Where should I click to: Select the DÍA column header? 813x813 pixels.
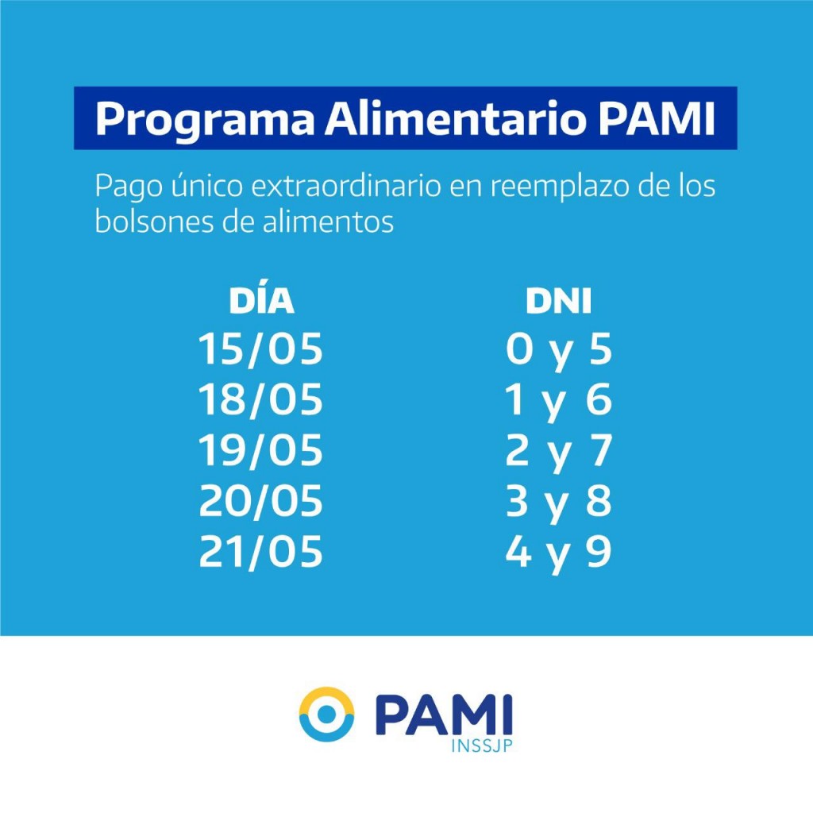(x=261, y=302)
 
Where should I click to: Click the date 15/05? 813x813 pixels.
(x=261, y=350)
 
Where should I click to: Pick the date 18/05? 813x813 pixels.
(x=261, y=401)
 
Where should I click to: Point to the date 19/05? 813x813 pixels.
(x=261, y=452)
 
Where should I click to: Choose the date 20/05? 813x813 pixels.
(x=261, y=503)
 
